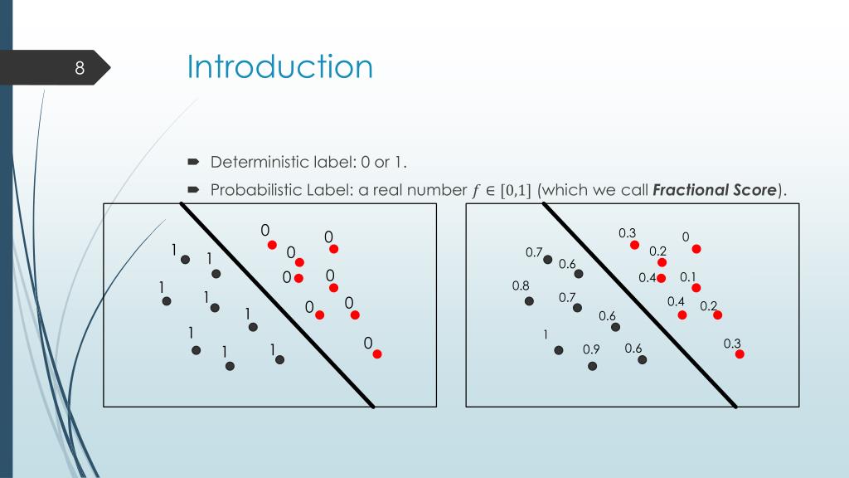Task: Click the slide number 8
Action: pyautogui.click(x=80, y=68)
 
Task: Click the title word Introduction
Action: pyautogui.click(x=279, y=66)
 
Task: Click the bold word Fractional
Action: pyautogui.click(x=691, y=190)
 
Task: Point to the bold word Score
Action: pyautogui.click(x=754, y=190)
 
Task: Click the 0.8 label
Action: pyautogui.click(x=521, y=285)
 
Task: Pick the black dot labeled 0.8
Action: pyautogui.click(x=529, y=301)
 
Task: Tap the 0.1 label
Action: pyautogui.click(x=688, y=277)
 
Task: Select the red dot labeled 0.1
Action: pyautogui.click(x=696, y=288)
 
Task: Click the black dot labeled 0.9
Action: pyautogui.click(x=592, y=365)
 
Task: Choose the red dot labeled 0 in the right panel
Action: pyautogui.click(x=696, y=248)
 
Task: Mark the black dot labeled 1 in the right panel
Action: pyautogui.click(x=559, y=350)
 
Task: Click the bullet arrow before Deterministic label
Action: pyautogui.click(x=192, y=161)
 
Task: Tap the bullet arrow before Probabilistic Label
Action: pyautogui.click(x=192, y=190)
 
